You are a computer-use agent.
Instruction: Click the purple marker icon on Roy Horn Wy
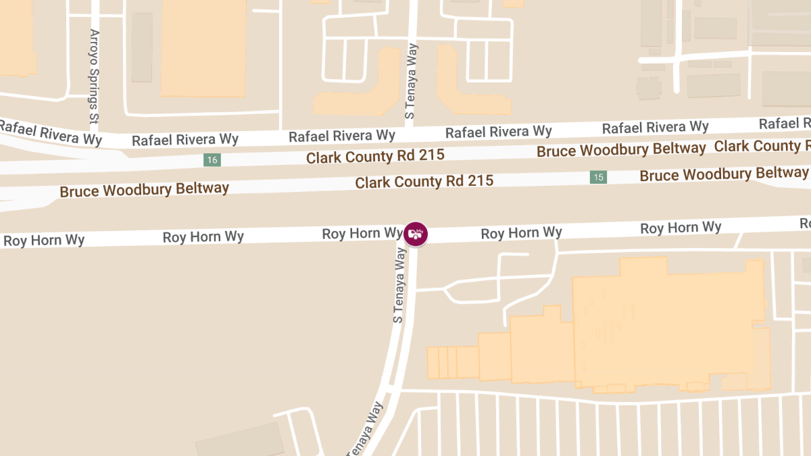click(x=416, y=234)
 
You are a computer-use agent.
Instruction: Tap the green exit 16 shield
click(x=213, y=160)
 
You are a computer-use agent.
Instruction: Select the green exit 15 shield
click(x=597, y=177)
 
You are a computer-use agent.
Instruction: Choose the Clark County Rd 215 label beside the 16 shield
click(x=375, y=156)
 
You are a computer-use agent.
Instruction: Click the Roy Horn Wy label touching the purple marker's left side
click(x=362, y=234)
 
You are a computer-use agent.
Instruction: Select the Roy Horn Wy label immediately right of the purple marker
click(x=521, y=233)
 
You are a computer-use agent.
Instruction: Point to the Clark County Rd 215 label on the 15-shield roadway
click(x=424, y=182)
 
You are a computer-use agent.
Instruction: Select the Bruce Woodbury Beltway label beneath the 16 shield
click(x=145, y=189)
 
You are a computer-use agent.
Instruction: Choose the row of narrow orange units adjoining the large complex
click(x=453, y=362)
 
